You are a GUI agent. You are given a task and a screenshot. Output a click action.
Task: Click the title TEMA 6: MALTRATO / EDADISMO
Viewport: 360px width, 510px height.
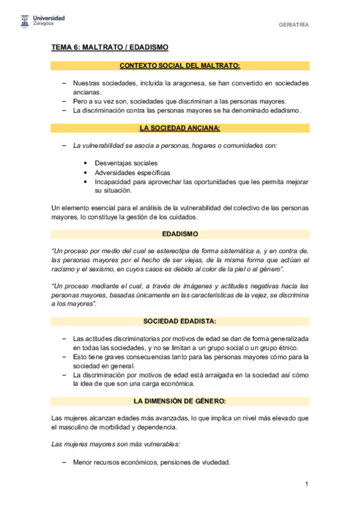[x=109, y=47]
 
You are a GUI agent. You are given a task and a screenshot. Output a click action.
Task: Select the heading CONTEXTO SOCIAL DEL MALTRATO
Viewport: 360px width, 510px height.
[x=180, y=66]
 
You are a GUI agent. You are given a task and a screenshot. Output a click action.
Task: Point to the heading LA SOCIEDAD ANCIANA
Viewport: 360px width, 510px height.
[x=180, y=128]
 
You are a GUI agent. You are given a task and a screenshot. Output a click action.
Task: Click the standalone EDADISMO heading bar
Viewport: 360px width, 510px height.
[x=180, y=233]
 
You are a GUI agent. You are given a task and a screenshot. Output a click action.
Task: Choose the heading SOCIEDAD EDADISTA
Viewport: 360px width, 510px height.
[x=180, y=321]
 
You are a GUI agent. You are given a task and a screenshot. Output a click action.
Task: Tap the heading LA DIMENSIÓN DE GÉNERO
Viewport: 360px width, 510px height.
[x=180, y=401]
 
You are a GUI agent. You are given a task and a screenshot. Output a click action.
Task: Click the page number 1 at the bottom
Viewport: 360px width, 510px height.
[x=307, y=484]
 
